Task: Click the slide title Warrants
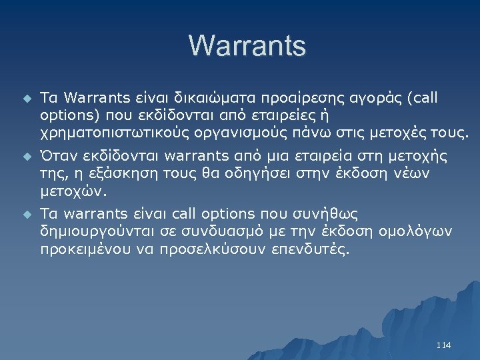coord(247,46)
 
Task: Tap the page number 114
coord(443,345)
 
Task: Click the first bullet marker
coord(26,99)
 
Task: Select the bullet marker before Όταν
coord(26,157)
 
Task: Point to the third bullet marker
coord(26,215)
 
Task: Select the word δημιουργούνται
coord(93,231)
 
